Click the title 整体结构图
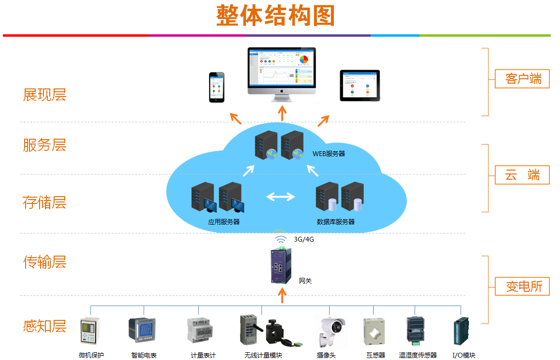pos(275,16)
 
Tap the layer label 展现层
pos(44,95)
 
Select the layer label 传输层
pos(44,262)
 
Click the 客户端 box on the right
pos(522,78)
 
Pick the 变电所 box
pos(522,286)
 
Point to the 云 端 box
pos(522,175)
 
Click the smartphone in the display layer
pos(217,87)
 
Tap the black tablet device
pos(359,86)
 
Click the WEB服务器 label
pos(329,154)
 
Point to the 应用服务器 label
pos(224,222)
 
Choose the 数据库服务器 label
pos(335,222)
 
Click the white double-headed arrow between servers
pos(281,197)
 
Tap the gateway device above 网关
pos(281,265)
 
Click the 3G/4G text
pos(304,239)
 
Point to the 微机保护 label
pos(91,355)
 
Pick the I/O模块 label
pos(464,355)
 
